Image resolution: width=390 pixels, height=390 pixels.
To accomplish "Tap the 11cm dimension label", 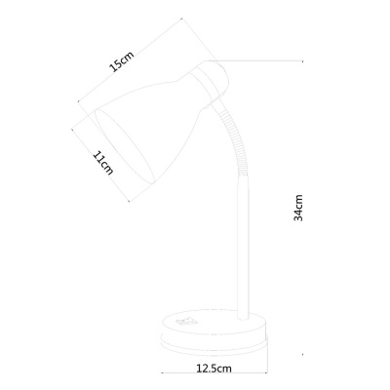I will click(103, 162).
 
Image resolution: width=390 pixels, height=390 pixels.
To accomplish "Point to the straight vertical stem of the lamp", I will click(243, 253).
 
